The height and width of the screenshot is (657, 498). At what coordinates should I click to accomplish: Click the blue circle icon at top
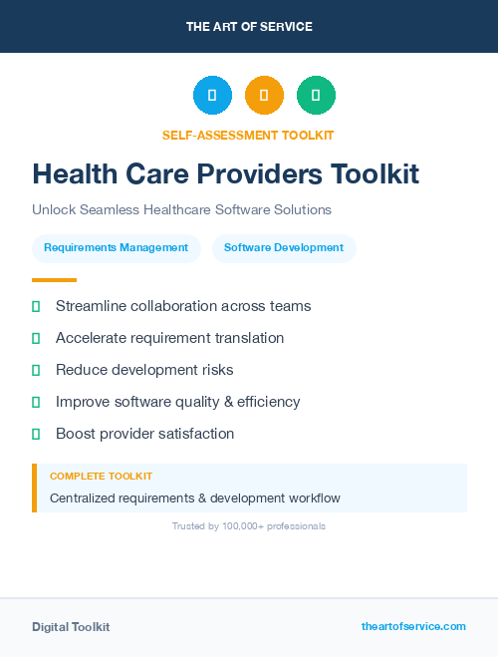pyautogui.click(x=212, y=96)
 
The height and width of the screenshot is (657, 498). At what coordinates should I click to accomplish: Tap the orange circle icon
pyautogui.click(x=264, y=96)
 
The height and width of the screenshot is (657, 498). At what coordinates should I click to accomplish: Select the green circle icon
pyautogui.click(x=316, y=96)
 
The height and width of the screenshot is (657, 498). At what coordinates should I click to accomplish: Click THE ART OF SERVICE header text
pyautogui.click(x=249, y=27)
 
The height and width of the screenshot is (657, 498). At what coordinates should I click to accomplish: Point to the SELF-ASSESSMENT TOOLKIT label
pyautogui.click(x=248, y=135)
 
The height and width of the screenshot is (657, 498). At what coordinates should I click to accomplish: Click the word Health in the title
pyautogui.click(x=78, y=174)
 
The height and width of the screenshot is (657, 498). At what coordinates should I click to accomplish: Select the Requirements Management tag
pyautogui.click(x=116, y=247)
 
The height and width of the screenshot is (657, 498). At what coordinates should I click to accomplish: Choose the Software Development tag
pyautogui.click(x=284, y=247)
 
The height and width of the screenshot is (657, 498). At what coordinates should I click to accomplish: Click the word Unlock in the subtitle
pyautogui.click(x=54, y=210)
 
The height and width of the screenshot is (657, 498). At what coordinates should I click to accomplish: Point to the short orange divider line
pyautogui.click(x=54, y=280)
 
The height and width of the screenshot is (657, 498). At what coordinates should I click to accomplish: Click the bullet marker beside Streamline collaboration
pyautogui.click(x=36, y=306)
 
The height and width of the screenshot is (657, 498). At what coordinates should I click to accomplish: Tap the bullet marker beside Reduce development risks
pyautogui.click(x=36, y=370)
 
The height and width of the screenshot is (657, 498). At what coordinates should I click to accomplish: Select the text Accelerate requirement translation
pyautogui.click(x=169, y=338)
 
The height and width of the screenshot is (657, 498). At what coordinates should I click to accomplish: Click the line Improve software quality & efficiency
pyautogui.click(x=177, y=402)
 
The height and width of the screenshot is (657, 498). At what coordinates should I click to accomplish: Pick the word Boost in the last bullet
pyautogui.click(x=76, y=434)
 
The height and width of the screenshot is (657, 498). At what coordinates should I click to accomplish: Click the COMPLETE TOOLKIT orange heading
pyautogui.click(x=101, y=477)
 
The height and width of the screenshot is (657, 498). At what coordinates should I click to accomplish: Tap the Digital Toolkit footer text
pyautogui.click(x=71, y=627)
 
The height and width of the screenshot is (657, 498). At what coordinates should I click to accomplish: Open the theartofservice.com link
pyautogui.click(x=413, y=626)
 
